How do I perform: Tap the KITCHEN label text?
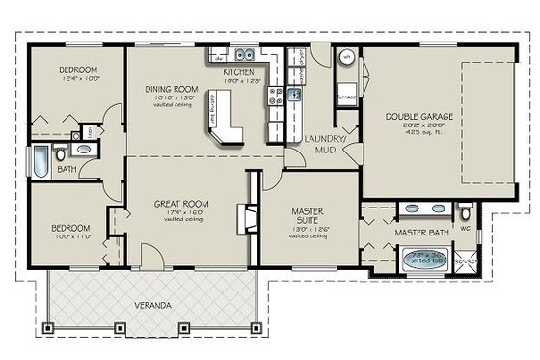tap(238, 72)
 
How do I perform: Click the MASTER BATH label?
tap(418, 234)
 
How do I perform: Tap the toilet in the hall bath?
tap(62, 152)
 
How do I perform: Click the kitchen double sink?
tap(245, 54)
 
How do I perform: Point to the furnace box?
tap(345, 97)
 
